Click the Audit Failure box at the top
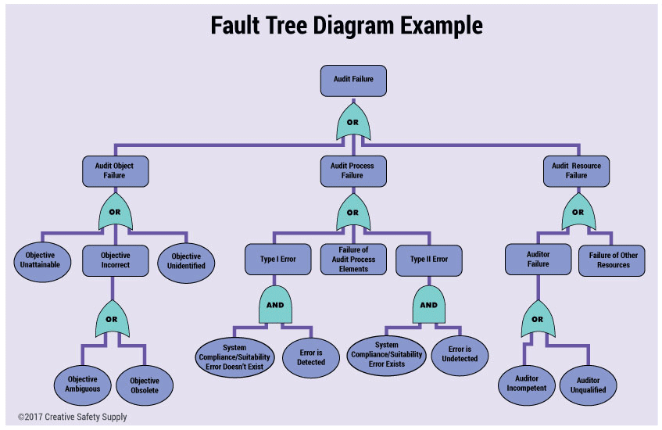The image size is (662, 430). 352,81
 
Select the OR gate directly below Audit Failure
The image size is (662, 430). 352,122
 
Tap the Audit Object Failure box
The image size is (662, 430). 115,170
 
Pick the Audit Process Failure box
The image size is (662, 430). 352,170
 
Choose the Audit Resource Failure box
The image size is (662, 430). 576,170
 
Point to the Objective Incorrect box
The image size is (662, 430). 115,260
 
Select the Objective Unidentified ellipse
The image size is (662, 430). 186,260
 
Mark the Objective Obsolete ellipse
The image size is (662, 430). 144,385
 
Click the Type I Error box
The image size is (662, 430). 277,259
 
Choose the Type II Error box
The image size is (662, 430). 429,259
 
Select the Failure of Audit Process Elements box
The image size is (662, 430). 353,259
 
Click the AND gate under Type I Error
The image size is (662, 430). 276,306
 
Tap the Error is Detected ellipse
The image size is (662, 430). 311,357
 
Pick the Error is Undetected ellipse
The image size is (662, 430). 460,353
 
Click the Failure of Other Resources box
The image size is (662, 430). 613,260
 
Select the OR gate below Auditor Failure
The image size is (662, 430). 537,319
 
